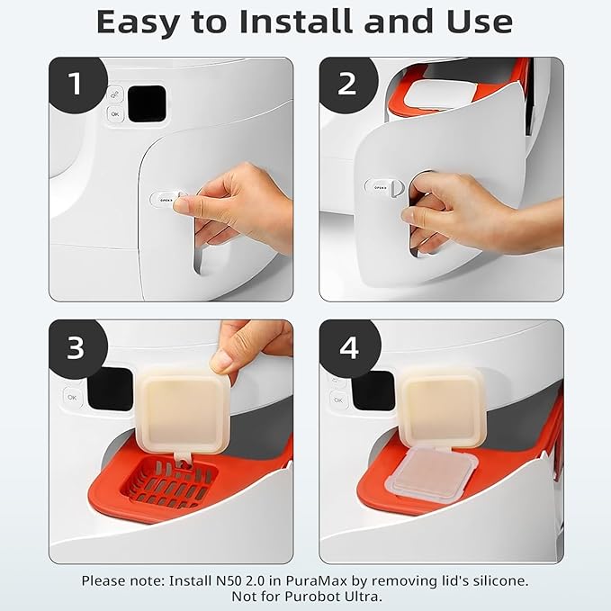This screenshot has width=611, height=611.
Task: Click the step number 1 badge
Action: tap(76, 84)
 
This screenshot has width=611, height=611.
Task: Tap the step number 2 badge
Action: tap(347, 84)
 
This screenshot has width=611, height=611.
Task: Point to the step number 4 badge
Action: tap(349, 347)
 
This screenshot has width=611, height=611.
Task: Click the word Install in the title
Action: tap(297, 22)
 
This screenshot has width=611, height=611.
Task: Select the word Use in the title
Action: tap(480, 22)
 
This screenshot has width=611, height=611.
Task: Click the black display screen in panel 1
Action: tap(147, 103)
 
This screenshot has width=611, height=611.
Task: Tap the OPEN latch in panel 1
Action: tap(166, 199)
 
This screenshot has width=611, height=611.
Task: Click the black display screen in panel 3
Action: tap(111, 389)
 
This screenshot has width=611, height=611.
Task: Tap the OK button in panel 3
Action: tap(72, 398)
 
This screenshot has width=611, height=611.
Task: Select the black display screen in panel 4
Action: tap(373, 391)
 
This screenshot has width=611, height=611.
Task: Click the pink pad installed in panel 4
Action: tap(431, 472)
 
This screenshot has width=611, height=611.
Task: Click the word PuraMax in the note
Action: tap(316, 580)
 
